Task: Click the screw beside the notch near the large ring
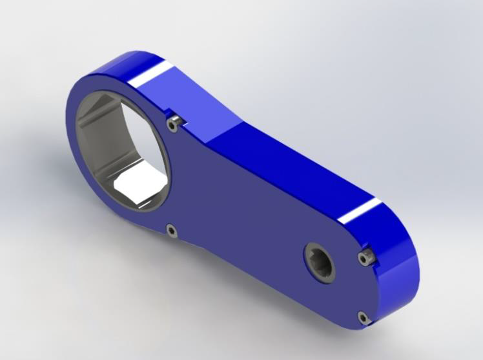[172, 123]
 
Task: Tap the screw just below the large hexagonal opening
[171, 229]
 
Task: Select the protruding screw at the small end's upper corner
[366, 258]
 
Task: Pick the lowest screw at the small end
[364, 317]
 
